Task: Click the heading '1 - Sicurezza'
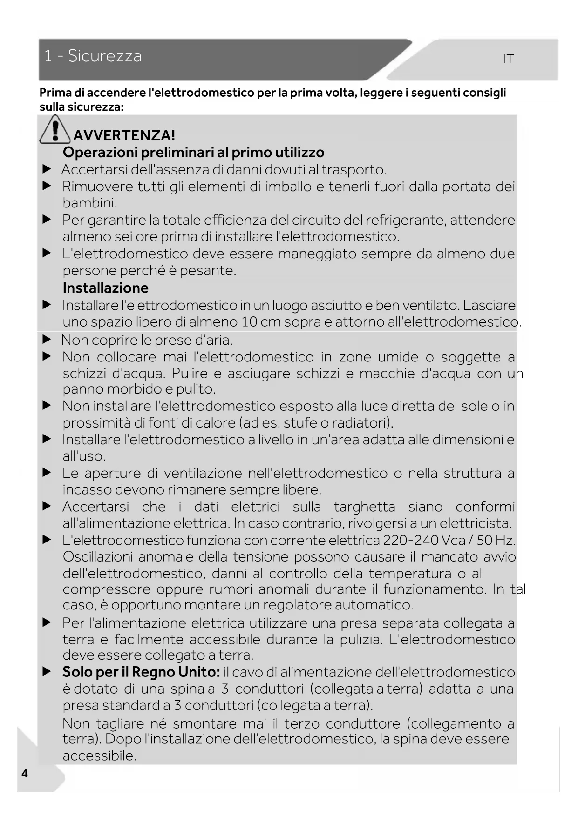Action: point(93,56)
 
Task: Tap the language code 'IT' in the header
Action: point(508,59)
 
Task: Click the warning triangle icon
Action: point(55,130)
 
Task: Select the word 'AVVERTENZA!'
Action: point(124,135)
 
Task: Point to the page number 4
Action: point(25,773)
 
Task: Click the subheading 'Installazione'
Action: point(106,288)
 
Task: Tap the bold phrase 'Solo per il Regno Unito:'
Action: point(141,672)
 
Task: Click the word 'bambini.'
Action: point(90,203)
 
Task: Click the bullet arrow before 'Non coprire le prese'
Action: point(47,340)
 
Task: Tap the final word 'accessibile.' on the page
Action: point(100,756)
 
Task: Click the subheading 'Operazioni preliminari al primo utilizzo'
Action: point(193,153)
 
